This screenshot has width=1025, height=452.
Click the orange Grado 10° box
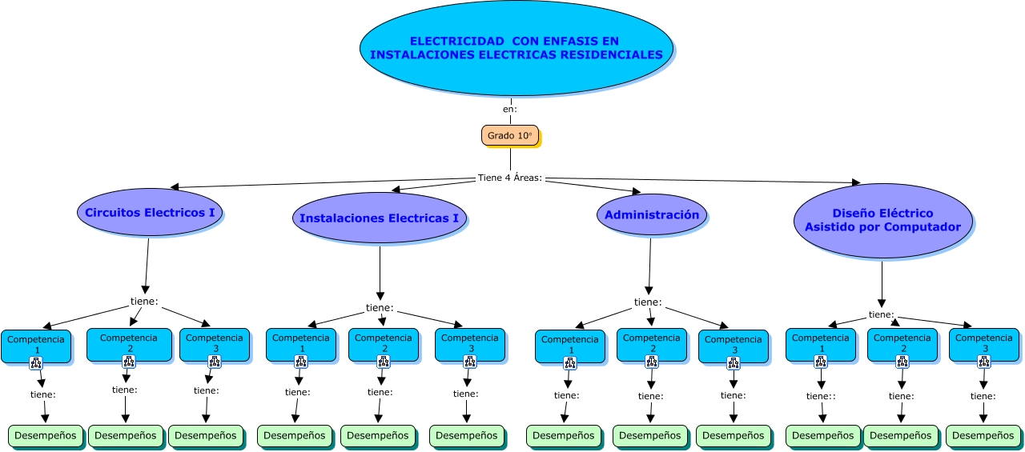pyautogui.click(x=510, y=135)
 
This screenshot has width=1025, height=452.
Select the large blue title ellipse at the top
pyautogui.click(x=517, y=48)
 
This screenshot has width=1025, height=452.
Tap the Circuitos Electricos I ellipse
pyautogui.click(x=150, y=213)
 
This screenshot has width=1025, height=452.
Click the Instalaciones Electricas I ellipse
pyautogui.click(x=379, y=218)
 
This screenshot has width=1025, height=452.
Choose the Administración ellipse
pyautogui.click(x=651, y=214)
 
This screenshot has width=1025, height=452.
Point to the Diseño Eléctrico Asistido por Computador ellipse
pyautogui.click(x=882, y=220)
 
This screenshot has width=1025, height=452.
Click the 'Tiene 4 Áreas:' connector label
pyautogui.click(x=510, y=178)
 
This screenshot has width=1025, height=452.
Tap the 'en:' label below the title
pyautogui.click(x=510, y=109)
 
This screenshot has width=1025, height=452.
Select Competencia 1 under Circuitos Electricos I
pyautogui.click(x=36, y=342)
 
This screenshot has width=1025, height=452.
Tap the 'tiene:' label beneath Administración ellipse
pyautogui.click(x=648, y=302)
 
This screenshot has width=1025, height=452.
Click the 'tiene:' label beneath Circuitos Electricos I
pyautogui.click(x=144, y=302)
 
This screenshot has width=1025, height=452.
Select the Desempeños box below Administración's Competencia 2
pyautogui.click(x=650, y=436)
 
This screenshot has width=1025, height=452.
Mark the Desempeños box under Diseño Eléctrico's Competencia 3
pyautogui.click(x=983, y=436)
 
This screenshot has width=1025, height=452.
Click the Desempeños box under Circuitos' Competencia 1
pyautogui.click(x=46, y=436)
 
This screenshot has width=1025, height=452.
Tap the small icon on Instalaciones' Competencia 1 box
pyautogui.click(x=302, y=362)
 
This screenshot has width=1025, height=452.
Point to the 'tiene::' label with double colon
pyautogui.click(x=821, y=396)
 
